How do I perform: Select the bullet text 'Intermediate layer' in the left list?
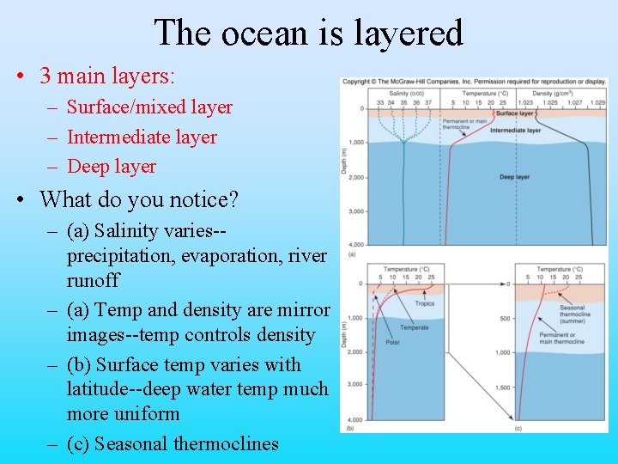[142, 137]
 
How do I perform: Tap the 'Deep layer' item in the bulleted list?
[112, 166]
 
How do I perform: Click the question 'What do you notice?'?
[139, 199]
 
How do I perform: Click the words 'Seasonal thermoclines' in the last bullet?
[186, 443]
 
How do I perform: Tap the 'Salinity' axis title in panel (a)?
[399, 93]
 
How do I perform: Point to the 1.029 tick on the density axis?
[597, 101]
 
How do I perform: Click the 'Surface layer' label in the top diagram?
[514, 113]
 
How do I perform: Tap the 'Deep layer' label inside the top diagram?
[514, 177]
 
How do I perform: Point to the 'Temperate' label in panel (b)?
[413, 327]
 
